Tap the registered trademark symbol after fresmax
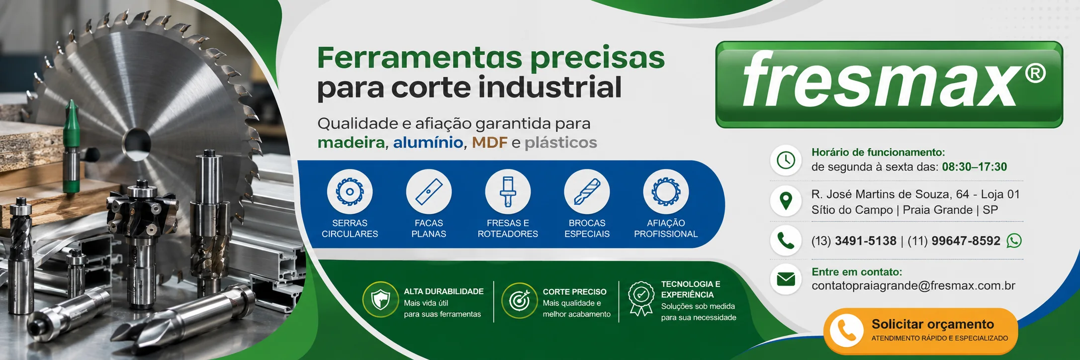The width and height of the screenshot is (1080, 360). (1035, 74)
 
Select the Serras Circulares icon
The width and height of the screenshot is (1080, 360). (350, 192)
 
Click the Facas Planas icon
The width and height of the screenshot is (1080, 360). (429, 192)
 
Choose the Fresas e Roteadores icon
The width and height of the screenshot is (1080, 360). (508, 192)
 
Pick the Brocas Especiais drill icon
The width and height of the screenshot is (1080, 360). (587, 192)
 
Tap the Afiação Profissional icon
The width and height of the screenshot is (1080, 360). (666, 192)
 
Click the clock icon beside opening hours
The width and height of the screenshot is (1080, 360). (786, 160)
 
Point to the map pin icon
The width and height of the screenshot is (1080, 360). (786, 200)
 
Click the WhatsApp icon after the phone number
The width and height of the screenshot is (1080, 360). (1014, 241)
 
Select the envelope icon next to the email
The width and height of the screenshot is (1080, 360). (786, 279)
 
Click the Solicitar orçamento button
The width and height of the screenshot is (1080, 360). (920, 331)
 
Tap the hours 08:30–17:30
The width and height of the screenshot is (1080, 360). (975, 167)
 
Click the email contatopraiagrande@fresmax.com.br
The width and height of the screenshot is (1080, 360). (913, 286)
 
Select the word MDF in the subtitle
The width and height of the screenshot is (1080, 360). (490, 143)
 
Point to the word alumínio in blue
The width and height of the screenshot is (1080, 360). (428, 143)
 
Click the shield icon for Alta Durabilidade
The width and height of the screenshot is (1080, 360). (380, 299)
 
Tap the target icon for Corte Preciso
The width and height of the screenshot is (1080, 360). (519, 300)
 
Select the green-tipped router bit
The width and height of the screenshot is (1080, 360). (71, 147)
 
